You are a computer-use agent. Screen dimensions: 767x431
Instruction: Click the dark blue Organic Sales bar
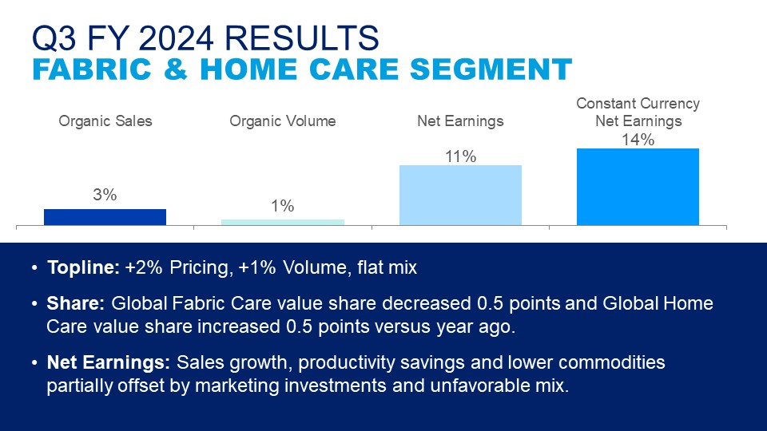click(105, 217)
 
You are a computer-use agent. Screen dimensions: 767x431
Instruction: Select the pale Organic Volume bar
click(283, 223)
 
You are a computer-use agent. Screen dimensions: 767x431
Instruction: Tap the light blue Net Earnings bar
click(460, 195)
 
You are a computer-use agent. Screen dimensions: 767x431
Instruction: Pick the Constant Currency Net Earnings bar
click(638, 187)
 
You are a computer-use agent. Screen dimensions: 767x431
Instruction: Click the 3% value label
click(105, 195)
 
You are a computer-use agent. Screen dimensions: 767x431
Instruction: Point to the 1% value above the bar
click(283, 206)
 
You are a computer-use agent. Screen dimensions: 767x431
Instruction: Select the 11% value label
click(460, 156)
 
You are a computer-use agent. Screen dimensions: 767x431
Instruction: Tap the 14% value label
click(638, 140)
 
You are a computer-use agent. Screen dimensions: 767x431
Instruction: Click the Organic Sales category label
click(105, 121)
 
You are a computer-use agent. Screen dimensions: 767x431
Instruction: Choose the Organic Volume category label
click(283, 121)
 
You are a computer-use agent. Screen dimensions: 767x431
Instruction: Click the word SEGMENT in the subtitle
click(491, 69)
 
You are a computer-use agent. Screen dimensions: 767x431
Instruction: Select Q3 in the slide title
click(54, 38)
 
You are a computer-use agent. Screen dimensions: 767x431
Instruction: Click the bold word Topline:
click(83, 267)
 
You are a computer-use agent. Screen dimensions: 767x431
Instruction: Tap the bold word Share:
click(76, 303)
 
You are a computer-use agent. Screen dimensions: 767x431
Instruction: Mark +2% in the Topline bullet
click(144, 267)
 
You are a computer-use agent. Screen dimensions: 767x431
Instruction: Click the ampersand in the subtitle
click(176, 69)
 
